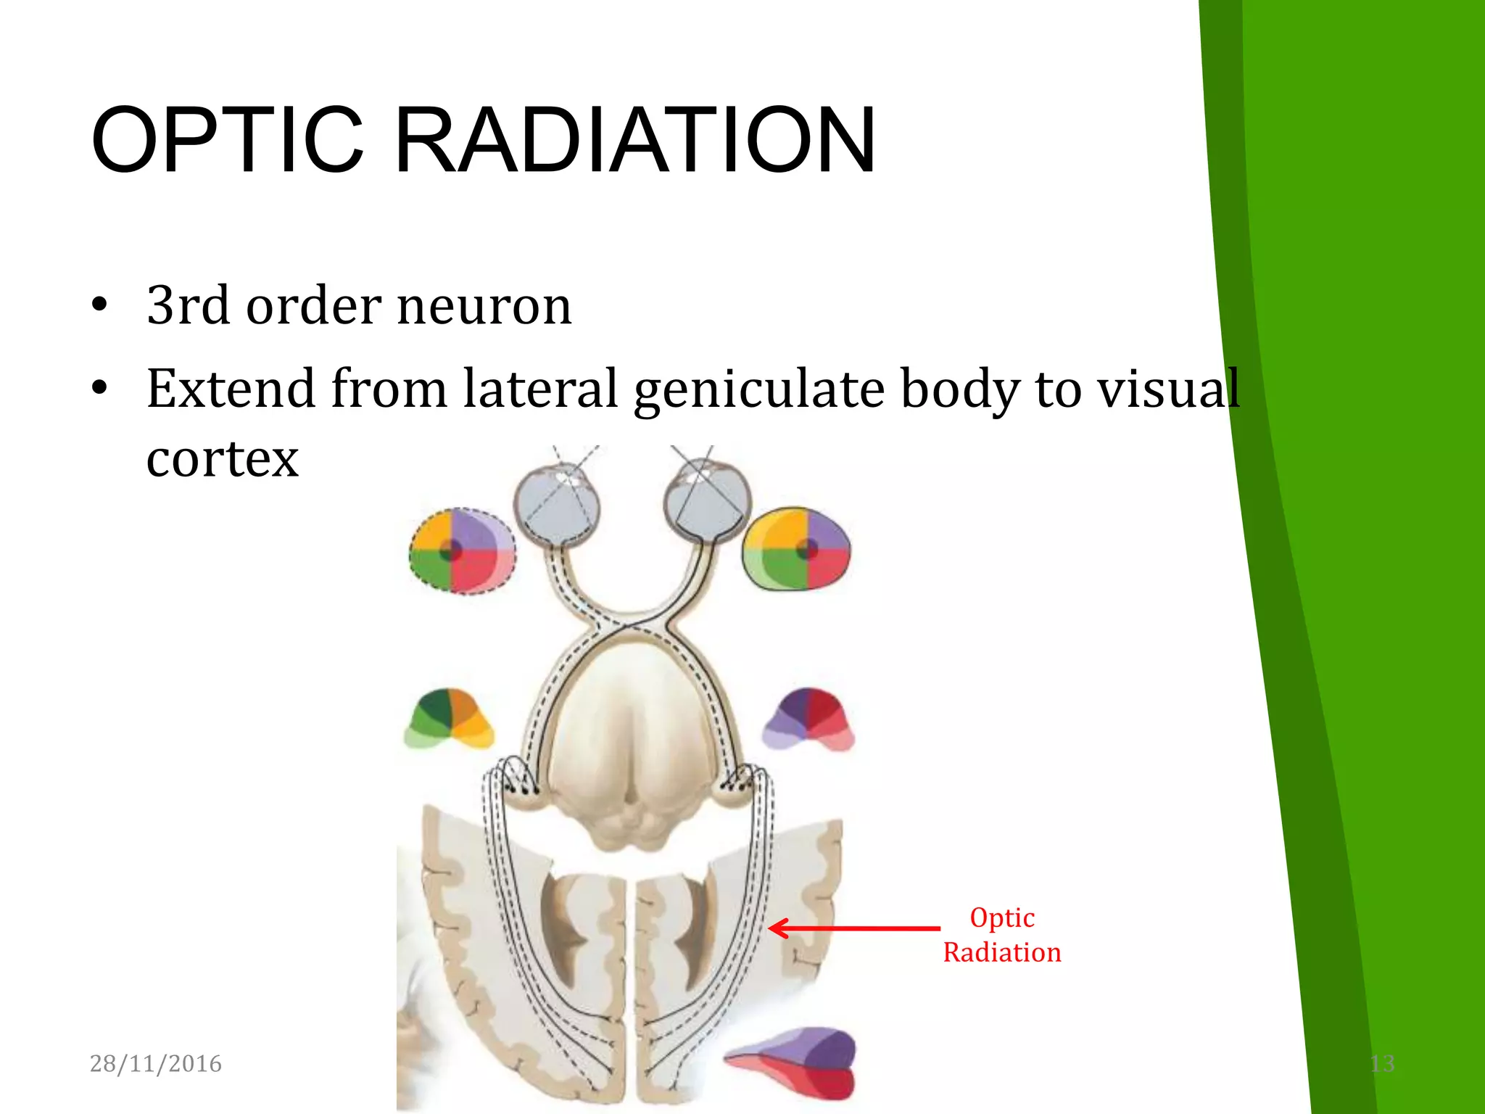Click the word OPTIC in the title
pyautogui.click(x=227, y=141)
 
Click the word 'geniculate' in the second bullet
pyautogui.click(x=758, y=389)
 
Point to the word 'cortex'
pyautogui.click(x=223, y=458)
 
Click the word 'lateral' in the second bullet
pyautogui.click(x=540, y=389)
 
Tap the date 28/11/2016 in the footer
pyautogui.click(x=155, y=1063)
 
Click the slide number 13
pyautogui.click(x=1382, y=1063)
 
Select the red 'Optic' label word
pyautogui.click(x=1002, y=917)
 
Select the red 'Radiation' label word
pyautogui.click(x=1002, y=952)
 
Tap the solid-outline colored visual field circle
pyautogui.click(x=796, y=549)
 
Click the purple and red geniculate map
pyautogui.click(x=809, y=719)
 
